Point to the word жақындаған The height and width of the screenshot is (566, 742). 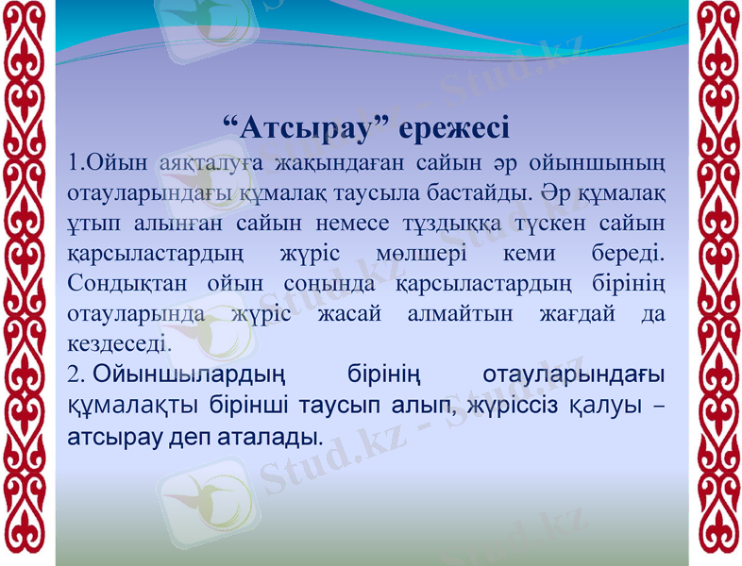329,163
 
